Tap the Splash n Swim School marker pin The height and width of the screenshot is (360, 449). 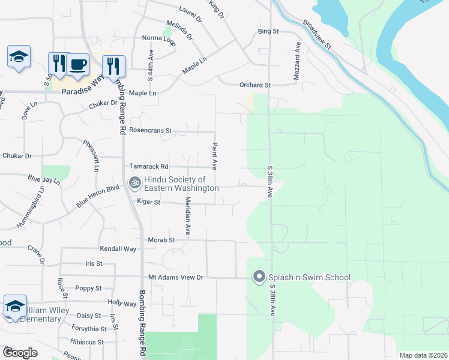pos(259,277)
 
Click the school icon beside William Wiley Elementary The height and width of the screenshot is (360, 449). pos(15,306)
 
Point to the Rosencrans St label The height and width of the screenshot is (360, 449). pos(151,130)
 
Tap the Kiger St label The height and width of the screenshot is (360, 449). pos(148,202)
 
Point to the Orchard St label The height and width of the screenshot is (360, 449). pos(256,85)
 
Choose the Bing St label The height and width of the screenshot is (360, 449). pos(268,31)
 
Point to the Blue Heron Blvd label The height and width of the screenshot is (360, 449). pos(98,196)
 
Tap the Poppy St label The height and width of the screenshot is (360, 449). pos(90,289)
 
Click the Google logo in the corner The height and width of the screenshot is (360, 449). pos(20,353)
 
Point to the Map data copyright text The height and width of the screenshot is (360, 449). pos(423,355)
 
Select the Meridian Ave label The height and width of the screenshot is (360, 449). pos(188,215)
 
